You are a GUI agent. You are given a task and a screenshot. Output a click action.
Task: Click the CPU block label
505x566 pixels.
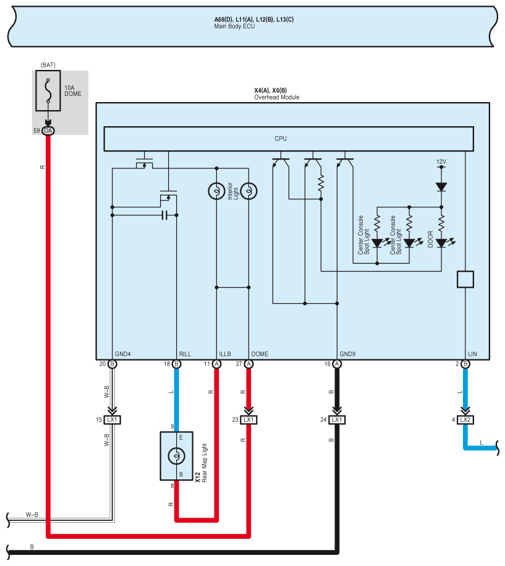point(281,139)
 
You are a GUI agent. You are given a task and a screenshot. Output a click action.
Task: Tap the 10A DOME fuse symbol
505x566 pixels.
point(48,90)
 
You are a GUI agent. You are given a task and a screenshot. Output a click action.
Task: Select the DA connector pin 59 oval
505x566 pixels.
point(48,131)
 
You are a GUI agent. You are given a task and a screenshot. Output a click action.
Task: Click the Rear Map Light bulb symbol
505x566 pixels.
point(176,456)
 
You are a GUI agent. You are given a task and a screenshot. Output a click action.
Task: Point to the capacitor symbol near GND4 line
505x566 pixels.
point(164,215)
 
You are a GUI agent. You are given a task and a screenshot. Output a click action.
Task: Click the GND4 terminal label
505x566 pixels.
point(122,354)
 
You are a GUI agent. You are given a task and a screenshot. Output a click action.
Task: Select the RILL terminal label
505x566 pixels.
point(185,354)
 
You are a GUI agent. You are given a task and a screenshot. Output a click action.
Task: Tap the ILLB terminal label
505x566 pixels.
point(225,354)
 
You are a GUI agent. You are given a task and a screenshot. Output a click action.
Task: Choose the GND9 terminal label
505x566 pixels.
point(347,354)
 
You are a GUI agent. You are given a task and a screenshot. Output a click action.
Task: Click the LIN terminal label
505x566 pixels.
point(472,354)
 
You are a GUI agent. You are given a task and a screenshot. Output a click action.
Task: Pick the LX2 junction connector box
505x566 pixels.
point(465,420)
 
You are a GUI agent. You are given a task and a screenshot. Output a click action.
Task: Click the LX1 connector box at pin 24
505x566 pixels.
point(337,420)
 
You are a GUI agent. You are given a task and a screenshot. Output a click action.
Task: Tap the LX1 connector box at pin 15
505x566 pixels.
point(112,420)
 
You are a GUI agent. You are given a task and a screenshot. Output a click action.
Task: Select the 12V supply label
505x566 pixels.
point(441,161)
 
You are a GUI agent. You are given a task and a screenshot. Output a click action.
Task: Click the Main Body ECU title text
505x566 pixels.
point(234,27)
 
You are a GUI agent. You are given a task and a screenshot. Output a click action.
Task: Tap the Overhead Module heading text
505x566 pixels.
point(277,97)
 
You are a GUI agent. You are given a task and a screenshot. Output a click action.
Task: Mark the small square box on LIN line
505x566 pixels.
point(465,280)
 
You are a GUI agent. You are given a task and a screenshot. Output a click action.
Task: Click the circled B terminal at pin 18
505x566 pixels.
point(176,364)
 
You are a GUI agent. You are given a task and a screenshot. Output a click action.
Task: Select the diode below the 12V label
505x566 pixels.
point(441,187)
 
